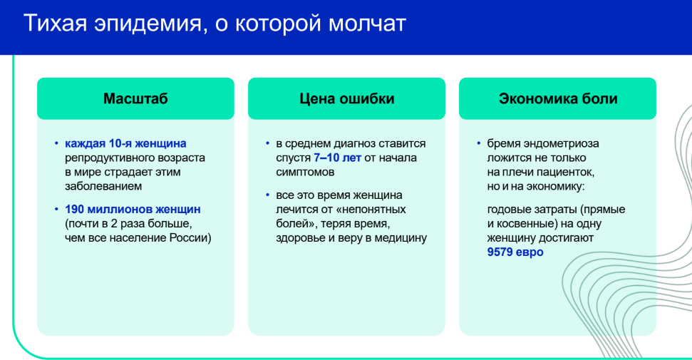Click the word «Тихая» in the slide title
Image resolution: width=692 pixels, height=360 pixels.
click(54, 23)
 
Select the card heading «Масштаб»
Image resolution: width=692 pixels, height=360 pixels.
click(135, 98)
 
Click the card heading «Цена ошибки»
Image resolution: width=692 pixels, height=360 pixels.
click(347, 98)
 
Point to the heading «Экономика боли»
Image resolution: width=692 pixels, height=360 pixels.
click(558, 98)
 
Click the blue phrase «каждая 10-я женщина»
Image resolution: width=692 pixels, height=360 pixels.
click(125, 143)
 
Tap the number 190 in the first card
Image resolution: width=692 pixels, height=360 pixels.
click(75, 209)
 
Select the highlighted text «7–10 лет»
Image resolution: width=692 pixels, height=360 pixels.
click(337, 158)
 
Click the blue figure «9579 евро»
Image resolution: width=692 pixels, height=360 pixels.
click(515, 252)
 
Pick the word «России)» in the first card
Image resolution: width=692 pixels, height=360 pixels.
click(191, 238)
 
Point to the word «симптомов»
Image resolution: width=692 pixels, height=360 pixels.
click(305, 172)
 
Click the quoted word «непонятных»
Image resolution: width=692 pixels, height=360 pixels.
click(373, 209)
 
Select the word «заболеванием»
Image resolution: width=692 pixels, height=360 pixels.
click(103, 186)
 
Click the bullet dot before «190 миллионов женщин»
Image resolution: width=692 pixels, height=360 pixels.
click(56, 209)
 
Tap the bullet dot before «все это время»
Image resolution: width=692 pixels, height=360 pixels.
click(267, 195)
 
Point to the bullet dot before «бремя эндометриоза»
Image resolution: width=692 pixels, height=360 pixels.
click(478, 143)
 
